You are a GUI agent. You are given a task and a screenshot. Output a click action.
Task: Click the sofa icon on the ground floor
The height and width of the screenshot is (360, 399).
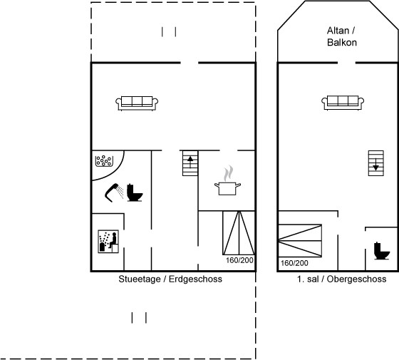tap(137, 103)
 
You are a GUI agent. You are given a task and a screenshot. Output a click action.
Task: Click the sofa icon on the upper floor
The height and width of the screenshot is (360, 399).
tap(343, 103)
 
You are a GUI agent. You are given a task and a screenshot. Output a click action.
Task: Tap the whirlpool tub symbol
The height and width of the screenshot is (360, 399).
tap(104, 161)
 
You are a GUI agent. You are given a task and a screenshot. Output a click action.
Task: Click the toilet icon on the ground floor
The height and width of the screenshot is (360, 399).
tap(135, 192)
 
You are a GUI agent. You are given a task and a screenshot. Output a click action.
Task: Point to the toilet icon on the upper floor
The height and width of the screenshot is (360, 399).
tap(382, 251)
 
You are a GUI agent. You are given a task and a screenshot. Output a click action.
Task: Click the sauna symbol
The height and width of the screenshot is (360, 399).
tap(108, 242)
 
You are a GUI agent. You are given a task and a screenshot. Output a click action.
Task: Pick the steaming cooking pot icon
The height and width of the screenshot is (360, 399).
tap(227, 180)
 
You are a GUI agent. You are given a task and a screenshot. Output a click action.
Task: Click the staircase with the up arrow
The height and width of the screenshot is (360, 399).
tap(190, 163)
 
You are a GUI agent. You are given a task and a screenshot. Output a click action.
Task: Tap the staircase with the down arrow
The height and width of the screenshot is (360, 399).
tap(376, 163)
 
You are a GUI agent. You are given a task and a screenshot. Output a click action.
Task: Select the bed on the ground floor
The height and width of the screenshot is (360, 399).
tap(239, 232)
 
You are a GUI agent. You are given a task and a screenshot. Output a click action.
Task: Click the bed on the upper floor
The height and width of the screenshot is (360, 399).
tap(300, 241)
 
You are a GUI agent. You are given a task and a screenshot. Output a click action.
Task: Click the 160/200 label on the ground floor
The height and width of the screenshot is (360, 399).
tap(239, 260)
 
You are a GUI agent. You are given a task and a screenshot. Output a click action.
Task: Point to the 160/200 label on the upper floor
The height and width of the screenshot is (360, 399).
tap(294, 263)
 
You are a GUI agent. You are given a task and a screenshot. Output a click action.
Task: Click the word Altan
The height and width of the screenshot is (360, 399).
tap(338, 31)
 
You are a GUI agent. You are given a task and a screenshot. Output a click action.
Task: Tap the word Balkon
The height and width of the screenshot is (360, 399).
tap(342, 42)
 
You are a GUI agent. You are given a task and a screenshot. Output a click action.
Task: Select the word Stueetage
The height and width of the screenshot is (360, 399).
tap(140, 279)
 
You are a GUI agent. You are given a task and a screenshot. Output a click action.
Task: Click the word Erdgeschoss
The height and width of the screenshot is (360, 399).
tap(195, 279)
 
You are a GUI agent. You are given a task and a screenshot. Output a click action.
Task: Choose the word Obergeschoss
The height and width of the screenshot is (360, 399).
tap(356, 279)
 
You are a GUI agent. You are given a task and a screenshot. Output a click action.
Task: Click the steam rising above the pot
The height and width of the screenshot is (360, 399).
tap(228, 173)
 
